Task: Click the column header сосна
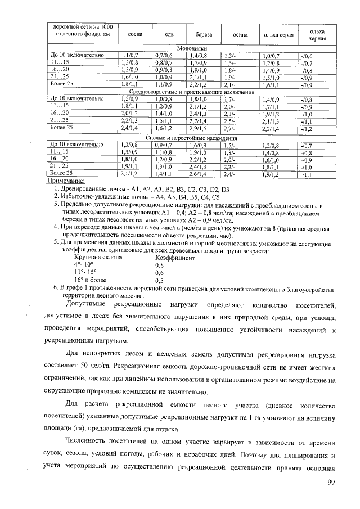(x=135, y=35)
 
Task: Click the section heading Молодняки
(x=192, y=49)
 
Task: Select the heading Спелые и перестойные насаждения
(x=192, y=138)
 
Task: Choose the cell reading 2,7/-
(x=229, y=129)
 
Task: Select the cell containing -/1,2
(x=307, y=129)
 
